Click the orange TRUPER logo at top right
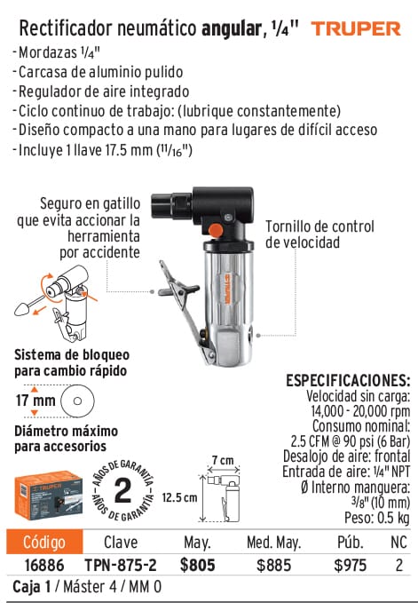point(356,28)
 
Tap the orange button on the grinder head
point(215,230)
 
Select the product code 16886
point(44,566)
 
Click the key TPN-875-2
point(121,566)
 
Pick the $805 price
point(197,566)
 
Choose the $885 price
point(274,566)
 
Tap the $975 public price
point(351,566)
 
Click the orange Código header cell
point(44,542)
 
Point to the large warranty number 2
point(122,491)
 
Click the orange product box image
point(49,495)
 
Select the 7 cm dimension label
point(223,460)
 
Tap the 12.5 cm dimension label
point(179,497)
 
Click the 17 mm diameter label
point(35,401)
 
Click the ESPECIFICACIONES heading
point(348,381)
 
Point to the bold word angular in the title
point(232,28)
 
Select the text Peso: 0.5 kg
point(376,518)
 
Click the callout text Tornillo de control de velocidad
point(319,234)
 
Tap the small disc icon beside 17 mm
point(77,401)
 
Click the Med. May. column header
point(274,543)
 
